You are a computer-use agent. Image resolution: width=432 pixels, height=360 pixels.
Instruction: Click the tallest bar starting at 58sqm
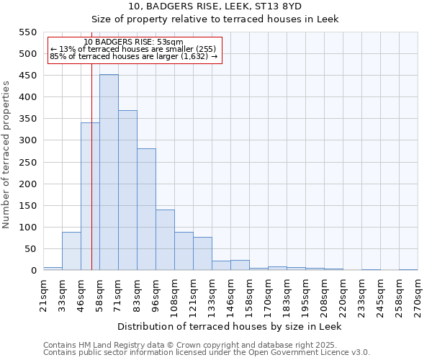[x=109, y=173]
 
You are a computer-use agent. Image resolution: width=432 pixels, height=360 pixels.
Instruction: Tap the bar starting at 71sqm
[x=127, y=191]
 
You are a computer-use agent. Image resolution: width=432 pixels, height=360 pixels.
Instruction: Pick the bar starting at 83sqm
[x=146, y=210]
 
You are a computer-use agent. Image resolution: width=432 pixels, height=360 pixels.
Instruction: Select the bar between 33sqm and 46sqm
[x=71, y=251]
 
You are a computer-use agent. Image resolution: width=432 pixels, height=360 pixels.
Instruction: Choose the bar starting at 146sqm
[x=240, y=266]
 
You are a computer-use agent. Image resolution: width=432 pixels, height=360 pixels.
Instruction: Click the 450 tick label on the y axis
[x=27, y=76]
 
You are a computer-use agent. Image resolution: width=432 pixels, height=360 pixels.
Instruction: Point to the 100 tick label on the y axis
[x=27, y=228]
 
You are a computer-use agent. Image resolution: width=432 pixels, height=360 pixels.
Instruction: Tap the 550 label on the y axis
[x=27, y=32]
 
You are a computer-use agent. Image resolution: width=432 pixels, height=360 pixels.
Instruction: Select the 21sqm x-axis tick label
[x=43, y=294]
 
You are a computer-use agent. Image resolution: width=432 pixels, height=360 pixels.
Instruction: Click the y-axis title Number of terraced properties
[x=6, y=155]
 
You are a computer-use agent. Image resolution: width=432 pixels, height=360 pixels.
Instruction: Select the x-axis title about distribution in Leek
[x=230, y=326]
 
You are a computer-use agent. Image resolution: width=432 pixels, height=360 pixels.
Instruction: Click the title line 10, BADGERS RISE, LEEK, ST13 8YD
[x=215, y=6]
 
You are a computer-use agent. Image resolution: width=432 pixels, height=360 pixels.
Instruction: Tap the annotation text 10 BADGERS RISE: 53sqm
[x=133, y=42]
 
